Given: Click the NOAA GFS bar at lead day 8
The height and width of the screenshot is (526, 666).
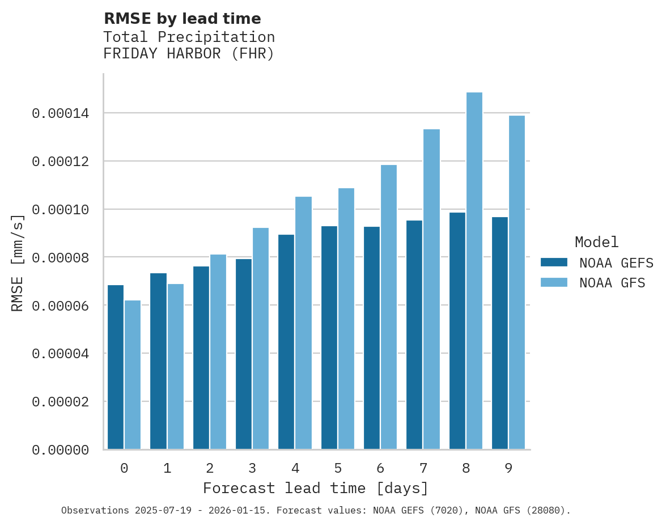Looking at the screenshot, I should [474, 271].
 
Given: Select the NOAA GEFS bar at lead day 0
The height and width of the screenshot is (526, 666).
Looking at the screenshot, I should [116, 367].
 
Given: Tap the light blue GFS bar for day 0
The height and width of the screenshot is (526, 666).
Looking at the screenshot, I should [133, 375].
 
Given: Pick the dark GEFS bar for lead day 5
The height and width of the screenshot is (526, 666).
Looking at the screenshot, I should [329, 338].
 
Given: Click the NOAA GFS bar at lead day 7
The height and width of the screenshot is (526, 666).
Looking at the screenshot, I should [431, 289].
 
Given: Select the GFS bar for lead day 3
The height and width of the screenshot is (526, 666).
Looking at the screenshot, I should [261, 338].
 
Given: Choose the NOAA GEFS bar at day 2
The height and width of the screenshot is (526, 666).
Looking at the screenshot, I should [201, 358].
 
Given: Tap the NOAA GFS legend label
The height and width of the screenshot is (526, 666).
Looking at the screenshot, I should [612, 283].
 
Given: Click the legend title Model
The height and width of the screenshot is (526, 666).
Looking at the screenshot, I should [596, 242].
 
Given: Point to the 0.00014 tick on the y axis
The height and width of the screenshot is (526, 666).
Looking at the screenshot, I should [61, 114].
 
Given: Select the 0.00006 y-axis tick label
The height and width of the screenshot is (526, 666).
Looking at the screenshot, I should [61, 306].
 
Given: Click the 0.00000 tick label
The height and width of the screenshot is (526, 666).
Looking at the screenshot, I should [61, 450].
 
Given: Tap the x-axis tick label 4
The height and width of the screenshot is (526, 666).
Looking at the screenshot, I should [295, 469].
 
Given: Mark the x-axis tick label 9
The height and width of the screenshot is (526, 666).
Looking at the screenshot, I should [508, 469].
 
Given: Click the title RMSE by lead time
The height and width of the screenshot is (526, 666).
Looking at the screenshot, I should [182, 19].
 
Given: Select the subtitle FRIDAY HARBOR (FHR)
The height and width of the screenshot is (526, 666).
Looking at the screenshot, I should [189, 54].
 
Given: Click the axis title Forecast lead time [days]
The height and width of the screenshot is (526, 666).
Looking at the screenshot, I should [316, 488].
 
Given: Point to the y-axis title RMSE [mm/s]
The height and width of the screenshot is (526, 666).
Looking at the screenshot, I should [18, 263].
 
